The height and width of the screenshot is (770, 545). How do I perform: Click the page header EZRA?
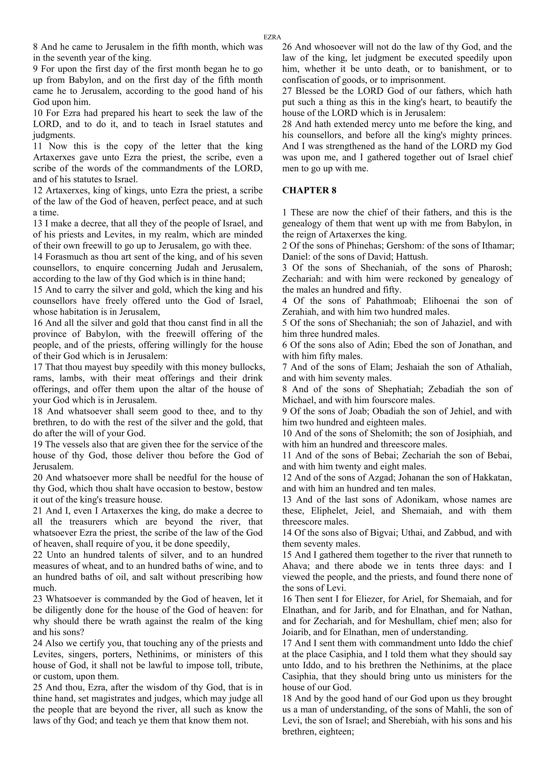pos(272,37)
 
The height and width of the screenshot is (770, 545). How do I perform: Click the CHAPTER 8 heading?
pos(309,190)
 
